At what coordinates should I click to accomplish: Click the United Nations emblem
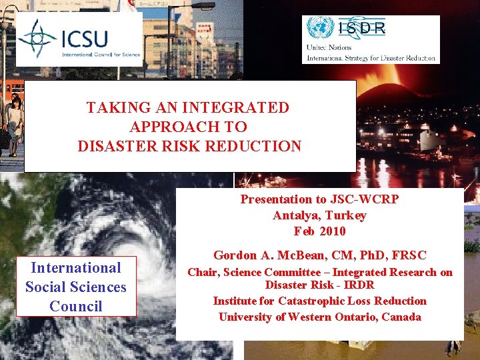click(x=319, y=29)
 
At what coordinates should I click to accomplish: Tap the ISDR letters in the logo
click(x=361, y=27)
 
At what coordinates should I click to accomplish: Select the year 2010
click(x=332, y=231)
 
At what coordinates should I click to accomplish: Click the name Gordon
click(x=235, y=255)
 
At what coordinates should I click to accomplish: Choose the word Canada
click(x=401, y=317)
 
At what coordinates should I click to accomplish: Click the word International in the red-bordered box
click(x=76, y=268)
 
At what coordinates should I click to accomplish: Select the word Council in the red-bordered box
click(x=76, y=307)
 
